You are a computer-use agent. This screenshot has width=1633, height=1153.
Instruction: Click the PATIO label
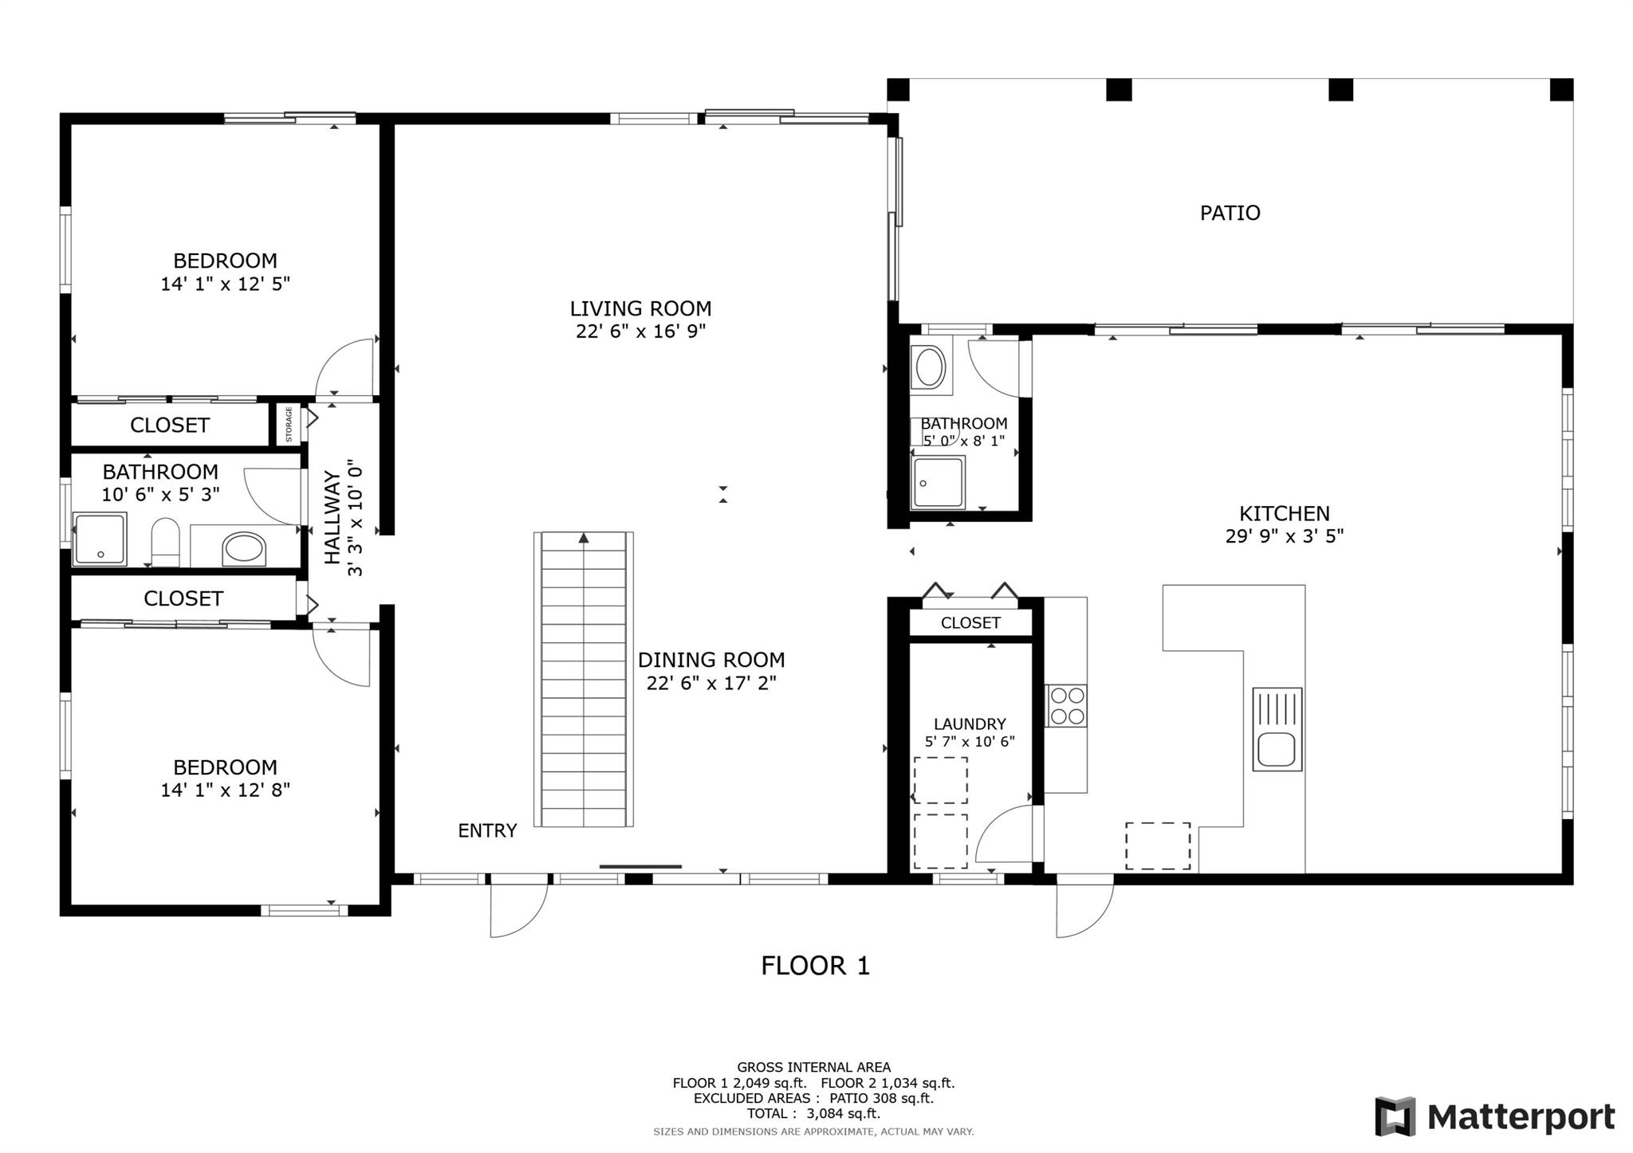click(1230, 213)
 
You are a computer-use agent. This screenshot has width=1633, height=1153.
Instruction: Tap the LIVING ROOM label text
click(640, 308)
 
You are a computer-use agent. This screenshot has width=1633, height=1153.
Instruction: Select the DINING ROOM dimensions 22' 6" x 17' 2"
click(711, 683)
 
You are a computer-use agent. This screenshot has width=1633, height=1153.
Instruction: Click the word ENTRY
click(487, 831)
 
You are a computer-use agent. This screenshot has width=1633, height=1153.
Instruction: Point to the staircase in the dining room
click(584, 679)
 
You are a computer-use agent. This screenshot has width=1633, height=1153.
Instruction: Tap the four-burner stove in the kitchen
click(1067, 705)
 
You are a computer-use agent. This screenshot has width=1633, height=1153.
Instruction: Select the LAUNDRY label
click(970, 724)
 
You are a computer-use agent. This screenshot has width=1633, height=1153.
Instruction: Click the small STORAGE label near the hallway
click(289, 425)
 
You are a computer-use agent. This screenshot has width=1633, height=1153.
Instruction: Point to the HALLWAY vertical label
click(332, 517)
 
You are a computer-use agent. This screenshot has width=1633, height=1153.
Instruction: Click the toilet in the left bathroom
click(166, 542)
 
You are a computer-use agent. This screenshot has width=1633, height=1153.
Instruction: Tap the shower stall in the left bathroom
click(100, 539)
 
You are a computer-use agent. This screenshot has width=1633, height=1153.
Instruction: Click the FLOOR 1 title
click(815, 966)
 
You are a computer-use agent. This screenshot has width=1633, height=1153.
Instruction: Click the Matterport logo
click(1494, 1116)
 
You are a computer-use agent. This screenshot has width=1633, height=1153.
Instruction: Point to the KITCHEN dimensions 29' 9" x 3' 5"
click(1285, 536)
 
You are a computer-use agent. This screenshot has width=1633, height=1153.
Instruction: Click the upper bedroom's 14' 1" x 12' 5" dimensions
click(226, 284)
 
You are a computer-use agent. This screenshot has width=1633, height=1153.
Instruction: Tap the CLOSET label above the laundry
click(970, 622)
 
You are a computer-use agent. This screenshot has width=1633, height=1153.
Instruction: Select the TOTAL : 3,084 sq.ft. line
click(813, 1114)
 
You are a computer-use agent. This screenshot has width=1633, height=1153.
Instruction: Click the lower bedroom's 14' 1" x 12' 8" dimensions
click(226, 790)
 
